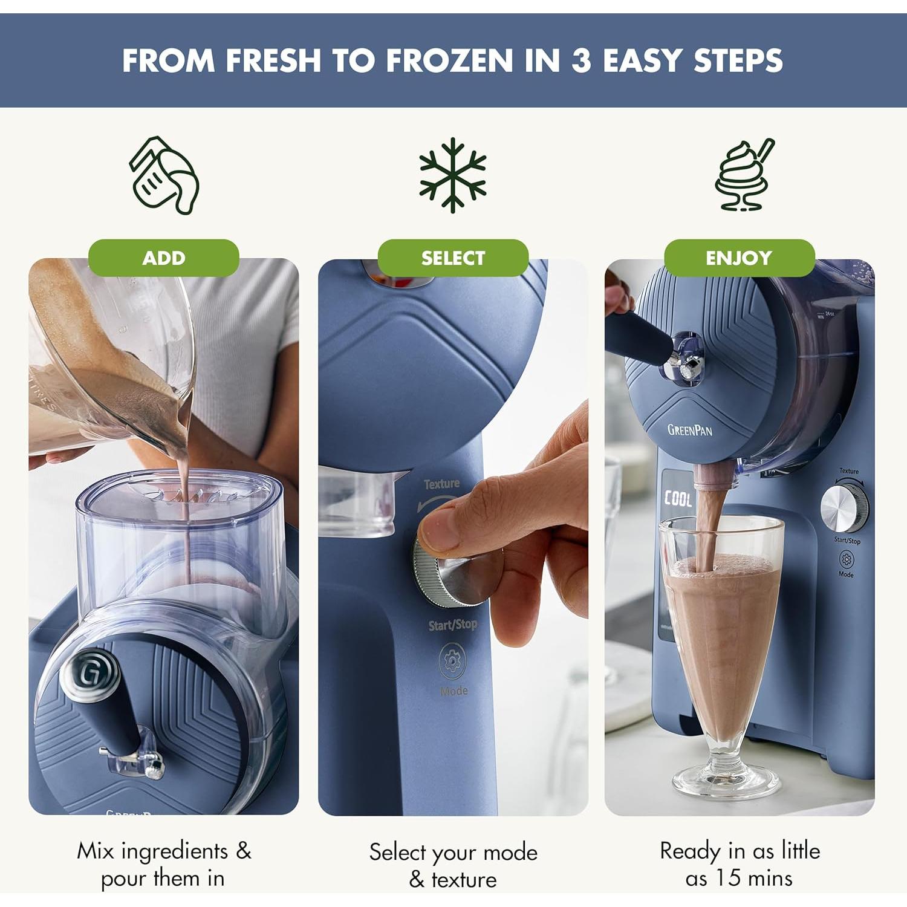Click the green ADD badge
[x=163, y=258]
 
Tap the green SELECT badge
[x=453, y=258]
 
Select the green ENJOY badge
[x=739, y=258]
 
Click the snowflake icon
[x=453, y=175]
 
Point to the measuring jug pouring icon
[x=163, y=175]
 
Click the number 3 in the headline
[x=580, y=60]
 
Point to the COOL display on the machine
[x=678, y=499]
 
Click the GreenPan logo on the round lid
[x=689, y=430]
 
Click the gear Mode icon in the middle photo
[x=452, y=661]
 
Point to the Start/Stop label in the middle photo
[x=452, y=625]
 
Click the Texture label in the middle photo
[x=441, y=484]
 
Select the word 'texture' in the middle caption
[x=464, y=879]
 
